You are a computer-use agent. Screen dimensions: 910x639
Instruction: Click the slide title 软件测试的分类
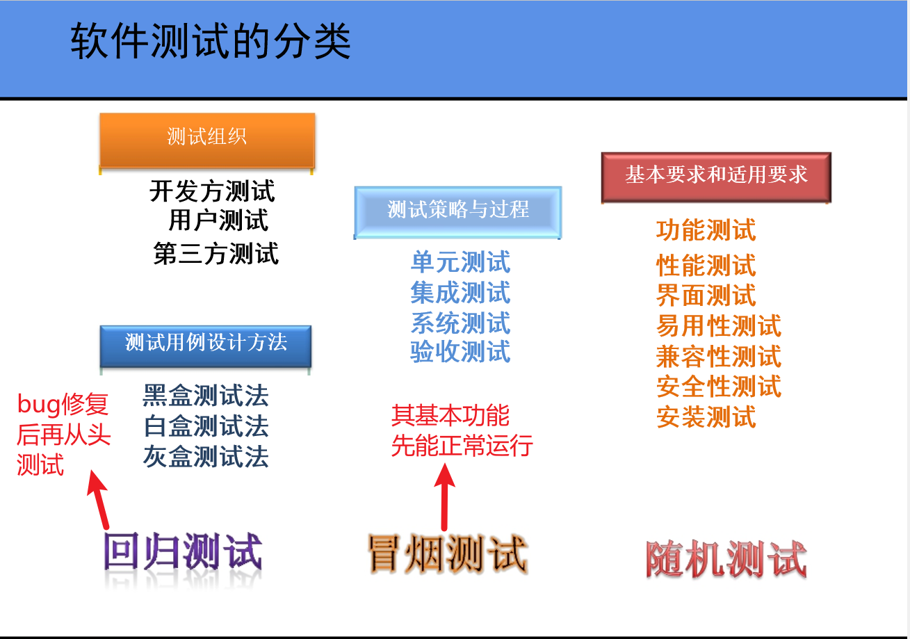211,42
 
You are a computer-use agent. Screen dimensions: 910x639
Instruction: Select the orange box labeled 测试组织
207,137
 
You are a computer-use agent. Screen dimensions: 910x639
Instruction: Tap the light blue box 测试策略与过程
458,209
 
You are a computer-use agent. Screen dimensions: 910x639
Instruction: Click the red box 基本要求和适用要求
716,175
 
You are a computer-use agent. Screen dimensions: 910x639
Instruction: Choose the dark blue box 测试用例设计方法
206,343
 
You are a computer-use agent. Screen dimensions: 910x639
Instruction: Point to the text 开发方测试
212,191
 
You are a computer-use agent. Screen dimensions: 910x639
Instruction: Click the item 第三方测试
216,254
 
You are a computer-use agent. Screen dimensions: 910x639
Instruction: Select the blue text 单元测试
460,263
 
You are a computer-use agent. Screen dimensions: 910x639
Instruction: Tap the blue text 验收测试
460,352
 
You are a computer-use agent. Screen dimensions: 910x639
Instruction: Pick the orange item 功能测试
706,230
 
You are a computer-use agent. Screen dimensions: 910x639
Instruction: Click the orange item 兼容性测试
719,357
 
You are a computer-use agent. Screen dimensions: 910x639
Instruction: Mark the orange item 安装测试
706,417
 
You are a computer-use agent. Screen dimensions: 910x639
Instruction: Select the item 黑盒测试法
206,396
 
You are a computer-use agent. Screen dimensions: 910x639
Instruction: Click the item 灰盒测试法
206,457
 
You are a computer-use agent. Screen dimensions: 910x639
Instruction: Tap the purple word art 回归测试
183,554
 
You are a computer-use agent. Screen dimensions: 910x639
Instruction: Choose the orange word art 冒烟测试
447,554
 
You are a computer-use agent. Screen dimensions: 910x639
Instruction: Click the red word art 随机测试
726,560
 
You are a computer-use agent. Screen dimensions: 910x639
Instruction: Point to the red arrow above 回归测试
99,499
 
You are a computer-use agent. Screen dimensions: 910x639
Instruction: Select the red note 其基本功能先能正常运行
461,430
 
